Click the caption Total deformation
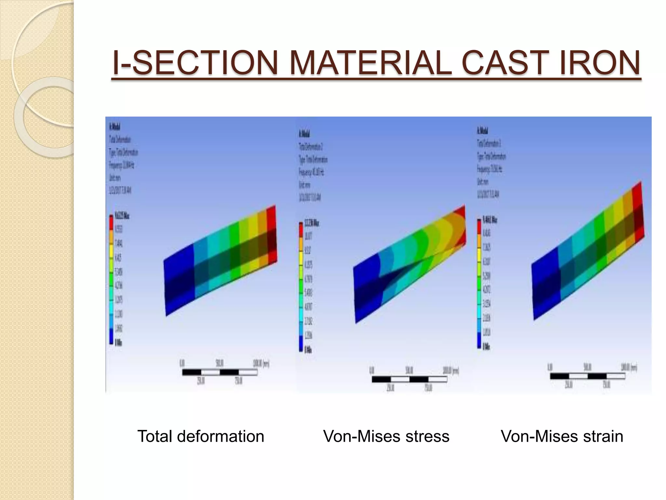click(201, 436)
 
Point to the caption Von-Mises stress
click(386, 436)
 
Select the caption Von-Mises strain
click(562, 436)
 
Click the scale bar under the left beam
click(220, 372)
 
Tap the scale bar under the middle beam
click(410, 379)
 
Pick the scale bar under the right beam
click(587, 376)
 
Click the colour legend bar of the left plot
click(111, 280)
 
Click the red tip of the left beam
click(271, 234)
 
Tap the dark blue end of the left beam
click(179, 280)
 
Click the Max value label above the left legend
click(122, 216)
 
